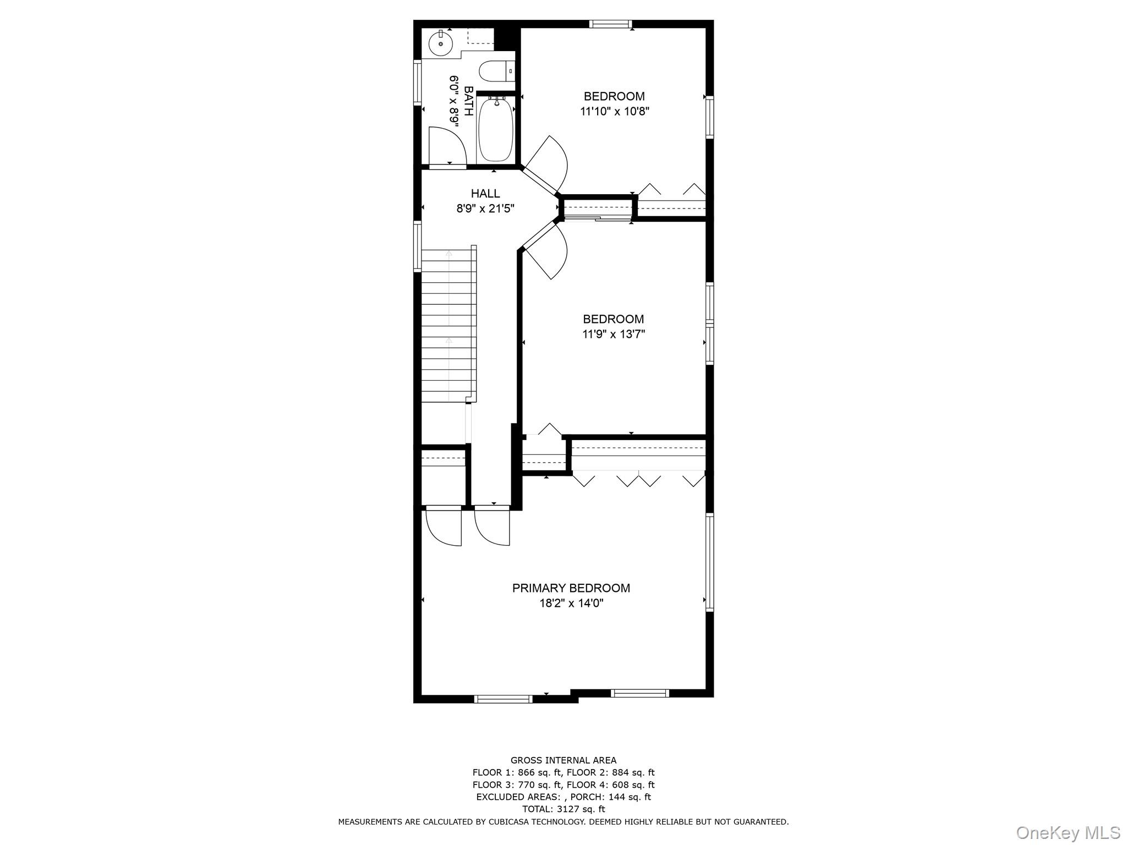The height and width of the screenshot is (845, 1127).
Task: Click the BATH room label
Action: tap(468, 101)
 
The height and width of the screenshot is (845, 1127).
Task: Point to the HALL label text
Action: tap(485, 193)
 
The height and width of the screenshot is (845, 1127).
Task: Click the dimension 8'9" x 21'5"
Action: tap(485, 208)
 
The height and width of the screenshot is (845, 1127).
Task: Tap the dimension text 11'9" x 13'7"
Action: tap(614, 334)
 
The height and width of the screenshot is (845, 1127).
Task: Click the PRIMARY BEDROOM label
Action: tap(571, 588)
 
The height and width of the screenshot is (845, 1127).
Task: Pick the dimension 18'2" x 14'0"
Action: tap(571, 603)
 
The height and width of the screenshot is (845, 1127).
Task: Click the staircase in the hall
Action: tap(448, 325)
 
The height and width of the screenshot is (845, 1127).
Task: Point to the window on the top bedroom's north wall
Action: tap(610, 24)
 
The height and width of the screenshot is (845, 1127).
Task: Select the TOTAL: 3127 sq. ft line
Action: tap(563, 809)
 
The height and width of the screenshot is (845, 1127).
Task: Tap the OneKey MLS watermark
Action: tap(1068, 832)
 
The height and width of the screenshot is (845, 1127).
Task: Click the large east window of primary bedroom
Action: tap(709, 562)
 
